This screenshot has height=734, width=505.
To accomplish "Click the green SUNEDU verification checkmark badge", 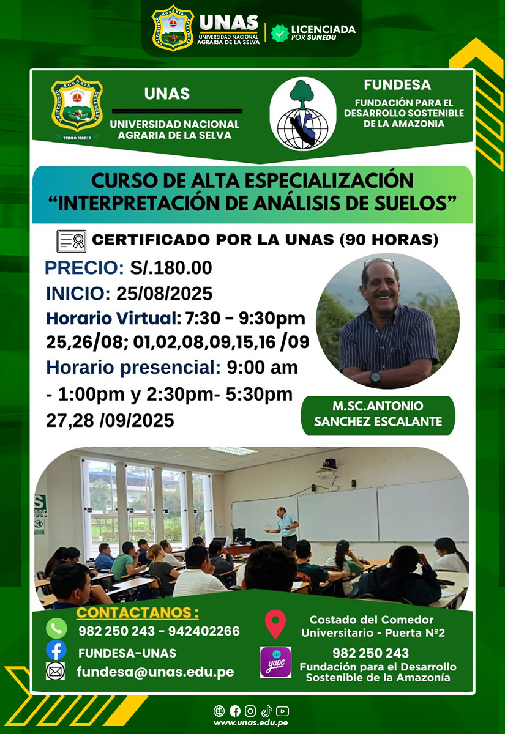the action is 279,33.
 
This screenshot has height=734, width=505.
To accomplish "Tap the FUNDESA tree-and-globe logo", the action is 302,114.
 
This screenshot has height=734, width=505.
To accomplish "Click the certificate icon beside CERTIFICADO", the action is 71,241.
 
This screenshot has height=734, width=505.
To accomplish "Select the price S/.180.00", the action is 171,268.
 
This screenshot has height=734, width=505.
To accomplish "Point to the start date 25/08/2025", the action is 164,293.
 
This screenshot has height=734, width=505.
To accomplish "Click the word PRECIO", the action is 84,268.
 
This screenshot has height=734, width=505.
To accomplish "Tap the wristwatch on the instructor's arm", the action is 375,377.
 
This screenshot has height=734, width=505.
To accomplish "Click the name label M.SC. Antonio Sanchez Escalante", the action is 378,414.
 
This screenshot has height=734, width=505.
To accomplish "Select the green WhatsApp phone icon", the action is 56,628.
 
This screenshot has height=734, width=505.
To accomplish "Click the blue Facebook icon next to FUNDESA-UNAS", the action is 56,650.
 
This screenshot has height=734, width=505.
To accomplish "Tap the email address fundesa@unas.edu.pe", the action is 155,672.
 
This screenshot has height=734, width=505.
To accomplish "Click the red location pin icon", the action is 275,624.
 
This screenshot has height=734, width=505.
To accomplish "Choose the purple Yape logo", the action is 275,662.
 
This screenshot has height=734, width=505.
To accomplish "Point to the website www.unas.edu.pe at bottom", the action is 251,722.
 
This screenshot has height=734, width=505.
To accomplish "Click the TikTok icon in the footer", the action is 267,711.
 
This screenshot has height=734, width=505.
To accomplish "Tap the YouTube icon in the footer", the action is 282,711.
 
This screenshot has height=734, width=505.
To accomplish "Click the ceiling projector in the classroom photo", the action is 329,469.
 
